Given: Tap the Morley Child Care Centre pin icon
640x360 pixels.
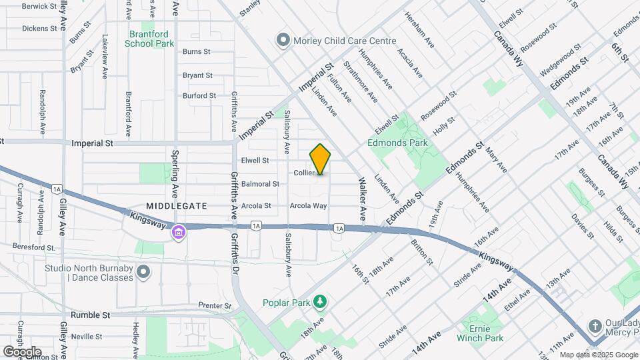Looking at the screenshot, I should (283, 41).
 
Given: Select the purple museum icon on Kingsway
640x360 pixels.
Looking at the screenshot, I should (179, 233).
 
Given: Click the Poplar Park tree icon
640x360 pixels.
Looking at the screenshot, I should (321, 302).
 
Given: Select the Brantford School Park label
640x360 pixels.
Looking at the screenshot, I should (149, 39).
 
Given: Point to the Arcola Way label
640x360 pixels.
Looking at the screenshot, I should (308, 206).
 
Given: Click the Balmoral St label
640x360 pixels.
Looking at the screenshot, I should (260, 184).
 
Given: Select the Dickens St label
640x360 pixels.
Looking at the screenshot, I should (39, 29).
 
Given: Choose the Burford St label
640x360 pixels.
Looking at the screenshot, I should (199, 95).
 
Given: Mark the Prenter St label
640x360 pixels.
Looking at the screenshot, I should (215, 306).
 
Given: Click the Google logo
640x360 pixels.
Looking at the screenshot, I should (22, 351).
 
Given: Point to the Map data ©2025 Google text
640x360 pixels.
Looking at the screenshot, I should (598, 355).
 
